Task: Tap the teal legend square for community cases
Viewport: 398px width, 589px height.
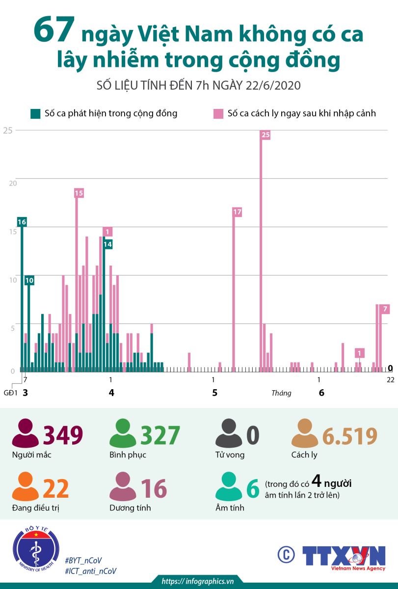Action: coord(35,113)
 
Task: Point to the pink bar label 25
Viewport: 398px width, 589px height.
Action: coord(265,134)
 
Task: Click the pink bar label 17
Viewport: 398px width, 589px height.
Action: coord(237,212)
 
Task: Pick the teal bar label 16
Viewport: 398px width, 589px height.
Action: coord(22,222)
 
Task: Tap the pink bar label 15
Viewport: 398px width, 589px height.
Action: coord(79,193)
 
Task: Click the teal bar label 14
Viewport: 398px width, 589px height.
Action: coord(108,244)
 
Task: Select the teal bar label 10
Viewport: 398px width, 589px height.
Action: coord(29,280)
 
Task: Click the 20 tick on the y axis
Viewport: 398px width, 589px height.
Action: coord(13,183)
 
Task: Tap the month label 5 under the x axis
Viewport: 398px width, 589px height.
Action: coord(214,393)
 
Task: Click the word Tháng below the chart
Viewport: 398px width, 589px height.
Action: coord(281,393)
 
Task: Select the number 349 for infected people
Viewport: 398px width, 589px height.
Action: coord(63,435)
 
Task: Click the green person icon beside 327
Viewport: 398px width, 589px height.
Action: coord(123,433)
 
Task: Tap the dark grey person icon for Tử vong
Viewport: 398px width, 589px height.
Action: coord(229,433)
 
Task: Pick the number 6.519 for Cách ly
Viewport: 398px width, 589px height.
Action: coord(349,436)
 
